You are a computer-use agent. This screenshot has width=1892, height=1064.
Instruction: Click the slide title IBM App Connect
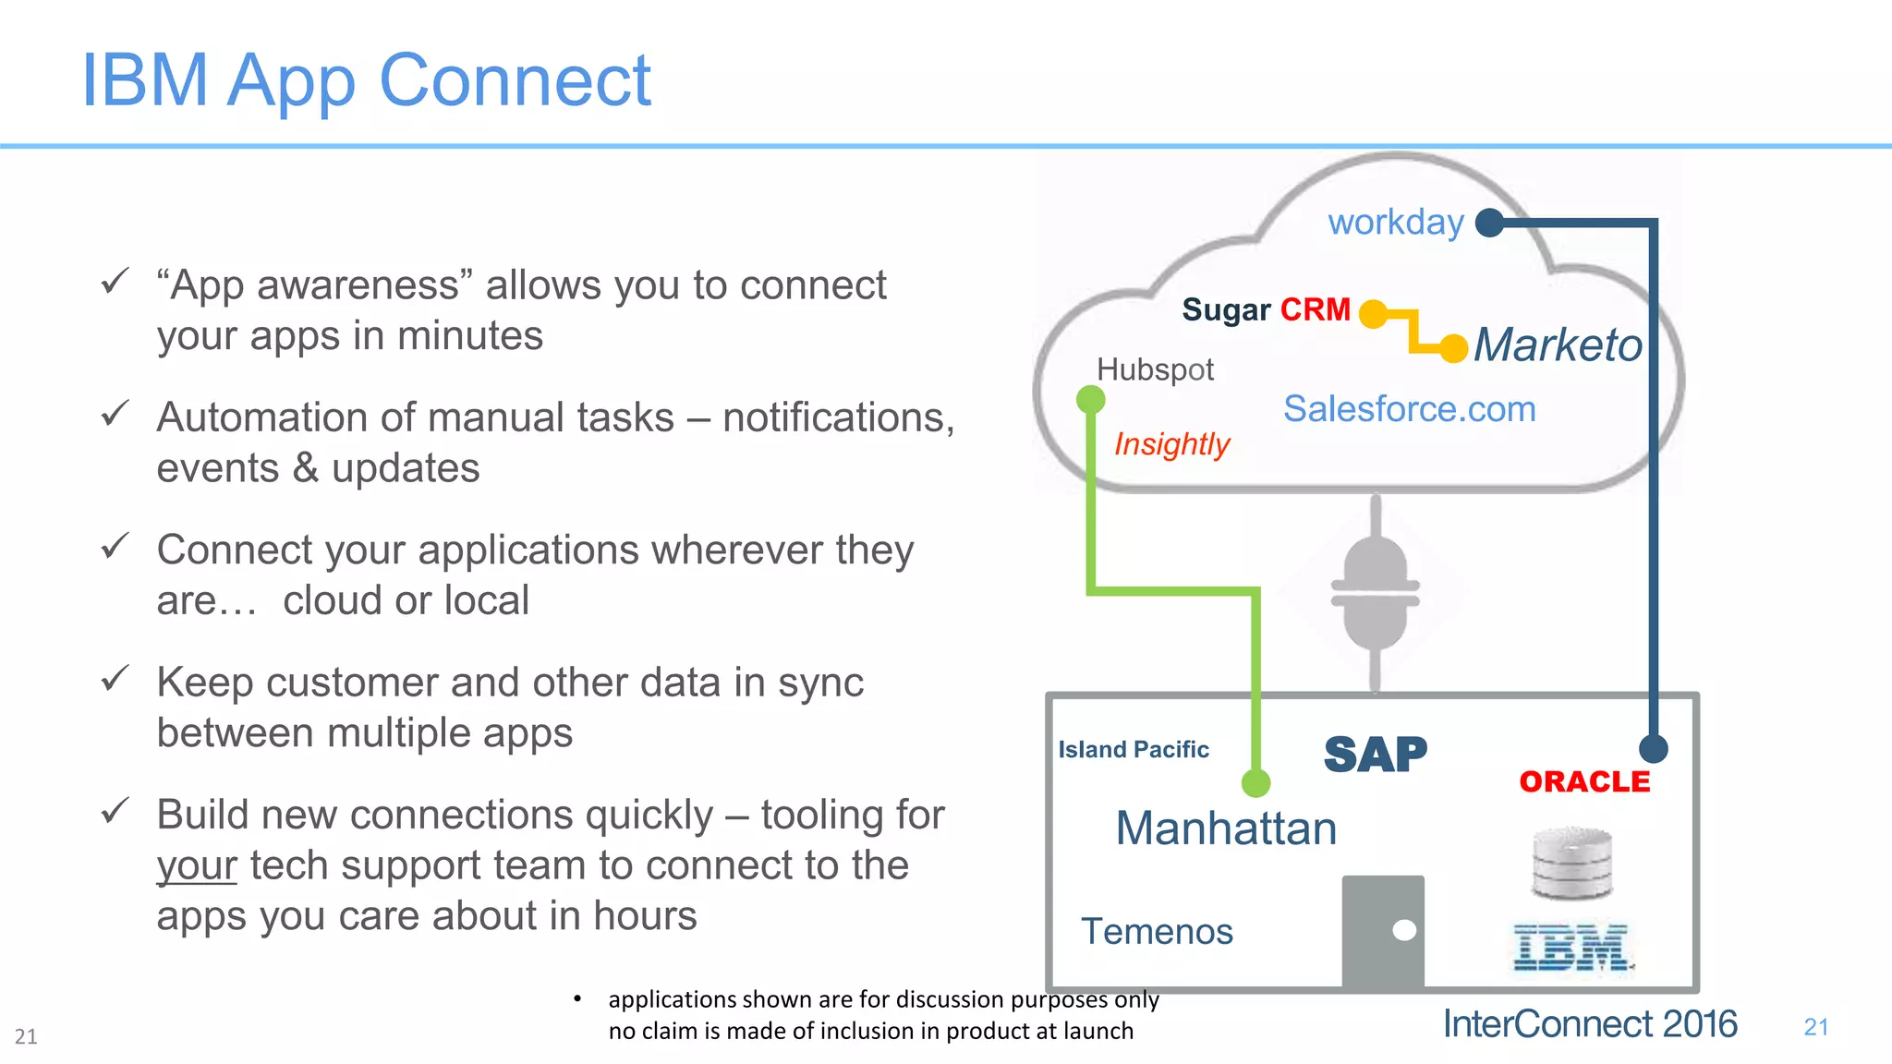pyautogui.click(x=366, y=81)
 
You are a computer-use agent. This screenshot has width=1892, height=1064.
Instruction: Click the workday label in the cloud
pyautogui.click(x=1395, y=223)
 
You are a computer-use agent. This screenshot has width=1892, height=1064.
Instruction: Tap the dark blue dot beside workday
pyautogui.click(x=1489, y=223)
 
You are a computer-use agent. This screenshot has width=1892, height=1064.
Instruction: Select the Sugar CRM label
pyautogui.click(x=1266, y=309)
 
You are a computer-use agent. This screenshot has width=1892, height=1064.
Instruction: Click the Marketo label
pyautogui.click(x=1558, y=345)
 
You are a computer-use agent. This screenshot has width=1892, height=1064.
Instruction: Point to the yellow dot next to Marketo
pyautogui.click(x=1454, y=348)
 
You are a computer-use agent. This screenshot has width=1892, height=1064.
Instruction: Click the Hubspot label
pyautogui.click(x=1155, y=369)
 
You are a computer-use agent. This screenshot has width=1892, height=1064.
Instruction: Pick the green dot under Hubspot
pyautogui.click(x=1091, y=400)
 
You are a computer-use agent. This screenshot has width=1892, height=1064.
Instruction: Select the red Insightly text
pyautogui.click(x=1171, y=444)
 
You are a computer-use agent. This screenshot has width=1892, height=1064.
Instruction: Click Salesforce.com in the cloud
pyautogui.click(x=1409, y=408)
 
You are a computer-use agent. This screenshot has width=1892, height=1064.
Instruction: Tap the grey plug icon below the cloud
pyautogui.click(x=1376, y=591)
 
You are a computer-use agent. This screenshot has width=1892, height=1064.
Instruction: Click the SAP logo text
pyautogui.click(x=1375, y=755)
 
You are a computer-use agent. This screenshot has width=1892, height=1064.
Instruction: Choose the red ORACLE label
pyautogui.click(x=1584, y=781)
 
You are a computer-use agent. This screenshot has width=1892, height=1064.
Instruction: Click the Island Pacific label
pyautogui.click(x=1134, y=749)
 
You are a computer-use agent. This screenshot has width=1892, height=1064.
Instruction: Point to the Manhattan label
pyautogui.click(x=1226, y=828)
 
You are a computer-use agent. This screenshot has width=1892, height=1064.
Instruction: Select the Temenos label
pyautogui.click(x=1157, y=931)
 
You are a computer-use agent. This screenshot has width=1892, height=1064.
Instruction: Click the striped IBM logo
pyautogui.click(x=1571, y=948)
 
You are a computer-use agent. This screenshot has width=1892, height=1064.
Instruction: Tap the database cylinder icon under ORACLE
pyautogui.click(x=1571, y=864)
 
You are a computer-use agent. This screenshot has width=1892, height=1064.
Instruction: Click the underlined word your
pyautogui.click(x=196, y=866)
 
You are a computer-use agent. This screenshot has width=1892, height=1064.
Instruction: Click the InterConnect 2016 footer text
pyautogui.click(x=1589, y=1024)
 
